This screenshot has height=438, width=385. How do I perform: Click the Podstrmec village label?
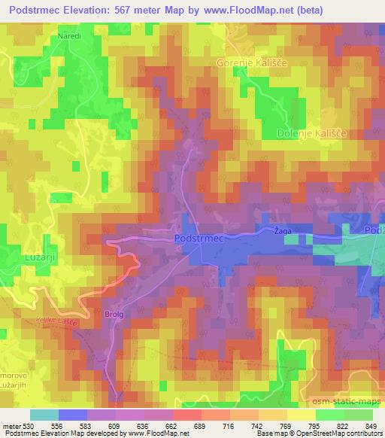[199, 238]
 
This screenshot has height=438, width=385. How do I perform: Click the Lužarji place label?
[29, 257]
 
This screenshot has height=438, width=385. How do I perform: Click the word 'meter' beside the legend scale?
[11, 426]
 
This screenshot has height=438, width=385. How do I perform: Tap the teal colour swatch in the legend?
[44, 415]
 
